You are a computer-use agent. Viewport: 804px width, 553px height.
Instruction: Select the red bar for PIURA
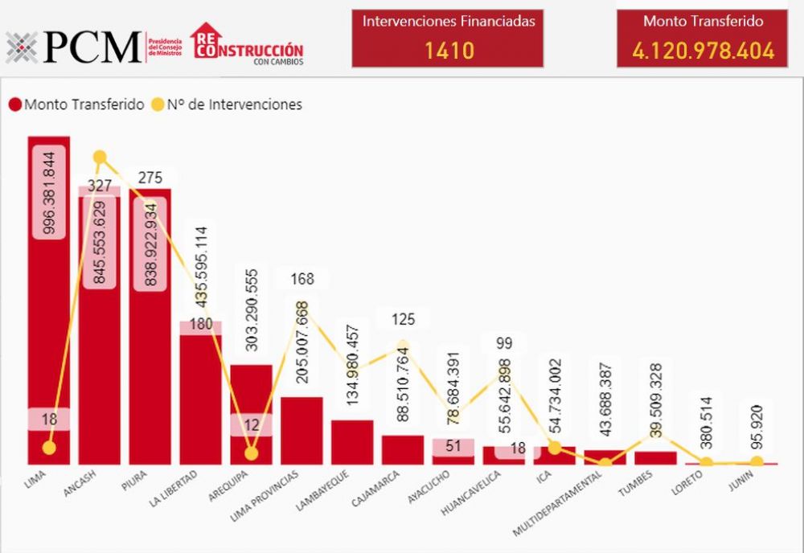click(x=150, y=362)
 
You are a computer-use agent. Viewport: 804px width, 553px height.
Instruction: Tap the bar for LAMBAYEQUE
click(x=352, y=442)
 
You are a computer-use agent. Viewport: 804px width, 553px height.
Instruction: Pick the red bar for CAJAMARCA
click(x=402, y=450)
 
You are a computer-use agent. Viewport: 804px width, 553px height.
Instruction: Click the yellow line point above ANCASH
click(x=100, y=158)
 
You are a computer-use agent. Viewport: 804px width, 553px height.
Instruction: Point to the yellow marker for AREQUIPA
click(x=251, y=453)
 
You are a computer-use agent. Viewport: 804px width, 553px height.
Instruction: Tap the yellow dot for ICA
click(x=554, y=448)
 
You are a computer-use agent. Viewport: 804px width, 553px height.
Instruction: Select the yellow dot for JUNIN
click(x=756, y=461)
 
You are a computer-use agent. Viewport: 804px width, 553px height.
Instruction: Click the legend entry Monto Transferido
click(x=76, y=104)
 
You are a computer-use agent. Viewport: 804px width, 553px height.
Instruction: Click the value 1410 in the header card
click(x=449, y=51)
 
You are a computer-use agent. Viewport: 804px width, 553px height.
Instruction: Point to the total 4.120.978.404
click(x=703, y=51)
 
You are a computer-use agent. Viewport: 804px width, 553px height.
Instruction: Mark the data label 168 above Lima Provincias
click(x=302, y=279)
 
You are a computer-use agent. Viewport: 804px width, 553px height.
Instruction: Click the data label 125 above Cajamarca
click(x=403, y=319)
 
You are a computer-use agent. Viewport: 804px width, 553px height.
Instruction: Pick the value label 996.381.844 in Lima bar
click(x=49, y=193)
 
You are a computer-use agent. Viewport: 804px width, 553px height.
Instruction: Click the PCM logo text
click(x=92, y=47)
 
